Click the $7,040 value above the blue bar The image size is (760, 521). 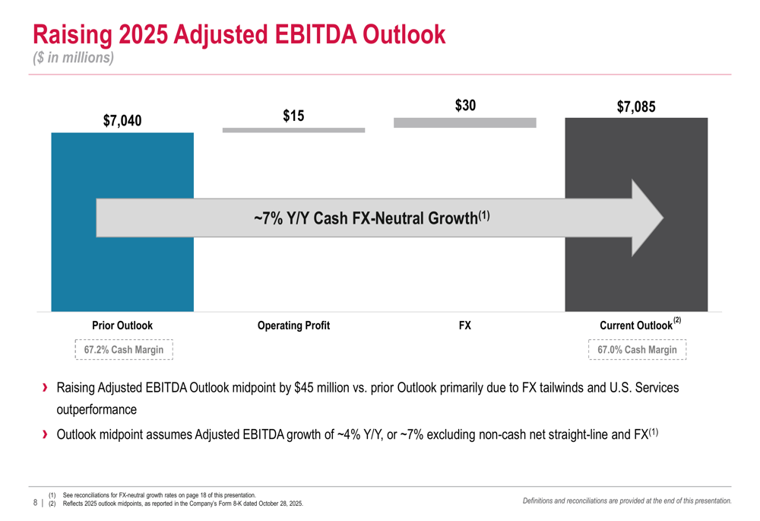click(122, 120)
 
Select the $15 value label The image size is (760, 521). click(293, 116)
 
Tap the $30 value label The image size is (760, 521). click(465, 106)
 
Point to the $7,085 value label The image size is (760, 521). click(636, 107)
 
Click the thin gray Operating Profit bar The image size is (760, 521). click(293, 130)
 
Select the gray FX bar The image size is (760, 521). click(465, 122)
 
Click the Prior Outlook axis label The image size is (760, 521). click(122, 326)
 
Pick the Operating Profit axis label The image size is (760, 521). click(293, 326)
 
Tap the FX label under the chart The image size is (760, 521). click(465, 326)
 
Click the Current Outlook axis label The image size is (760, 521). click(636, 326)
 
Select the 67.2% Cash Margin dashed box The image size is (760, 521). click(124, 350)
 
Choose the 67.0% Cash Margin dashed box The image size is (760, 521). click(637, 350)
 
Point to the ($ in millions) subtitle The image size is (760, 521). click(73, 58)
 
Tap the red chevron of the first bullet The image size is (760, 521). click(46, 388)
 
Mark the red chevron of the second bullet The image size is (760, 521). click(46, 435)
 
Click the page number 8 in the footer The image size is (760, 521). click(36, 503)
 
